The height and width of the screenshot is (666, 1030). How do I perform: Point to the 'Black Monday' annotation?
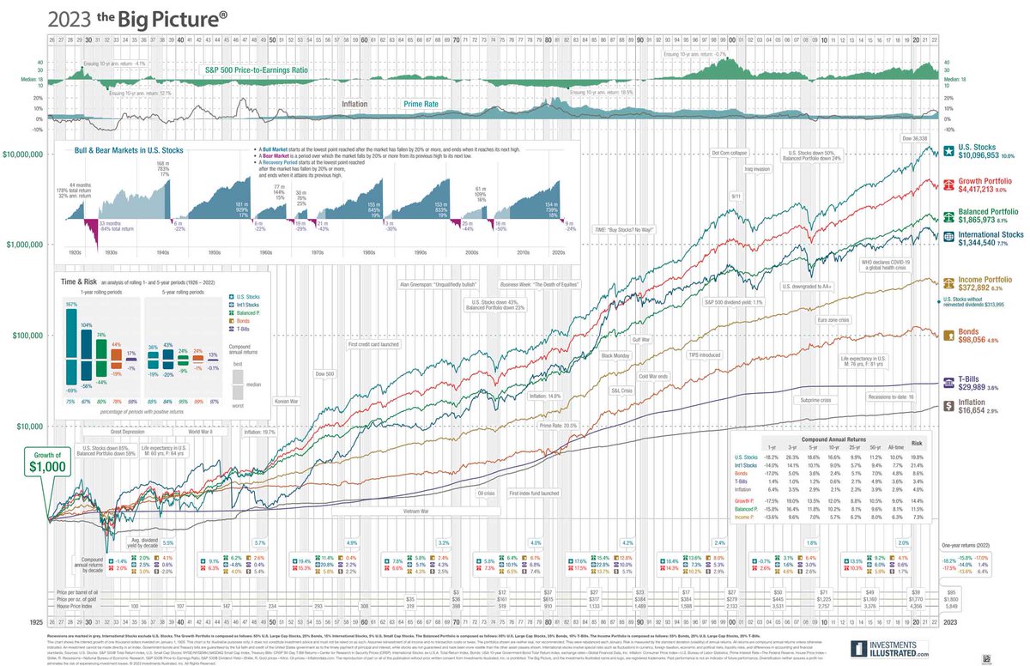(x=617, y=354)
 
